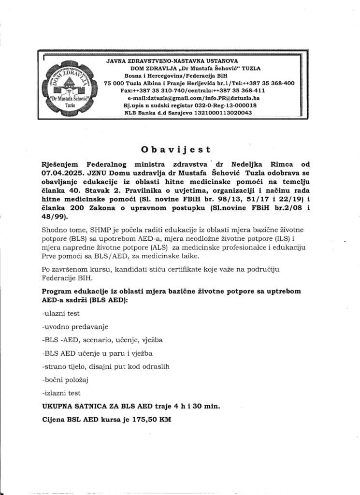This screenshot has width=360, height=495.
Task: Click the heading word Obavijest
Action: point(180,149)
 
